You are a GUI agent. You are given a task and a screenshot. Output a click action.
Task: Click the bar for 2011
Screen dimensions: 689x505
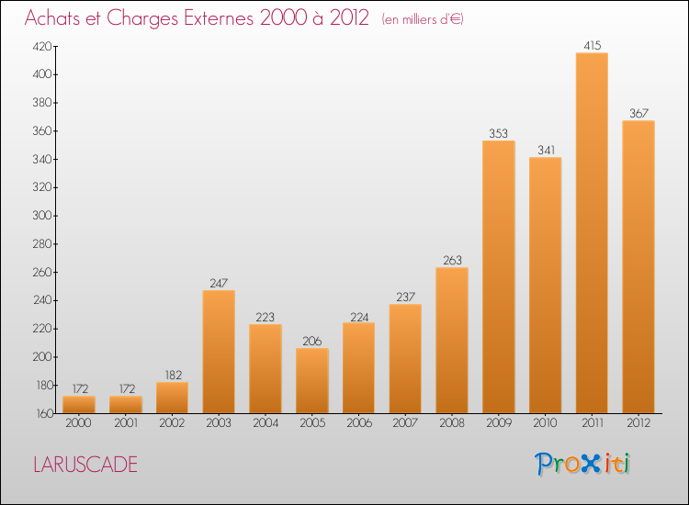pos(592,232)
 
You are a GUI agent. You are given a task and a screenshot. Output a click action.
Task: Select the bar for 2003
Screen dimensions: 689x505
pos(219,352)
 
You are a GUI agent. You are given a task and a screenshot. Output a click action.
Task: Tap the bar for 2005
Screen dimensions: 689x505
pos(312,381)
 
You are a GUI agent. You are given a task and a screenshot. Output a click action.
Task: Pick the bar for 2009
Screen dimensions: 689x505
pos(498,276)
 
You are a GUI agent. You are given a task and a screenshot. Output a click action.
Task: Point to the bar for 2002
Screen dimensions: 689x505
pos(172,398)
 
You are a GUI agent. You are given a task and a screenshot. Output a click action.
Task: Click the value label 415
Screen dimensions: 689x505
pos(592,45)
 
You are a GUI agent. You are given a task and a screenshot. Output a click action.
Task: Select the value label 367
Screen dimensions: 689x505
pos(638,113)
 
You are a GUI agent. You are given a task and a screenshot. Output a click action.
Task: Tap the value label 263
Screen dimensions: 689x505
pos(452,261)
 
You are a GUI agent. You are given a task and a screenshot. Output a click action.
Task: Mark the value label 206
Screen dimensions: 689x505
pos(312,342)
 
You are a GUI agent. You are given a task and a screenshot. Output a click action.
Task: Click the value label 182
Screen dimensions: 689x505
pos(173,375)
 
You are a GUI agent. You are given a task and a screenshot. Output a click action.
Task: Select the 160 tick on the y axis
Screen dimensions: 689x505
pos(44,414)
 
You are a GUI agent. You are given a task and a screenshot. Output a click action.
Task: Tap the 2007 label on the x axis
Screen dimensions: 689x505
pos(405,423)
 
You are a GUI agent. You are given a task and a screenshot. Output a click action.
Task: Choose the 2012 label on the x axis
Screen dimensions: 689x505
pos(638,423)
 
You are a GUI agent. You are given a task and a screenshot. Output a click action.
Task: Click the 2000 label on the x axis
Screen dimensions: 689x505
pos(78,423)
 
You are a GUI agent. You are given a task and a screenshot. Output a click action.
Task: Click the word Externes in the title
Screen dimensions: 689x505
pos(219,18)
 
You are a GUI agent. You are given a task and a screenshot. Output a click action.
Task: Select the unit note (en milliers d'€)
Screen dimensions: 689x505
pos(423,19)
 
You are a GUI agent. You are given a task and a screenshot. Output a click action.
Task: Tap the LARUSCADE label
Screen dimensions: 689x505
pos(85,465)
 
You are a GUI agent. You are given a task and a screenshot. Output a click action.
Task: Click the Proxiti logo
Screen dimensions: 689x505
pos(582,464)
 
